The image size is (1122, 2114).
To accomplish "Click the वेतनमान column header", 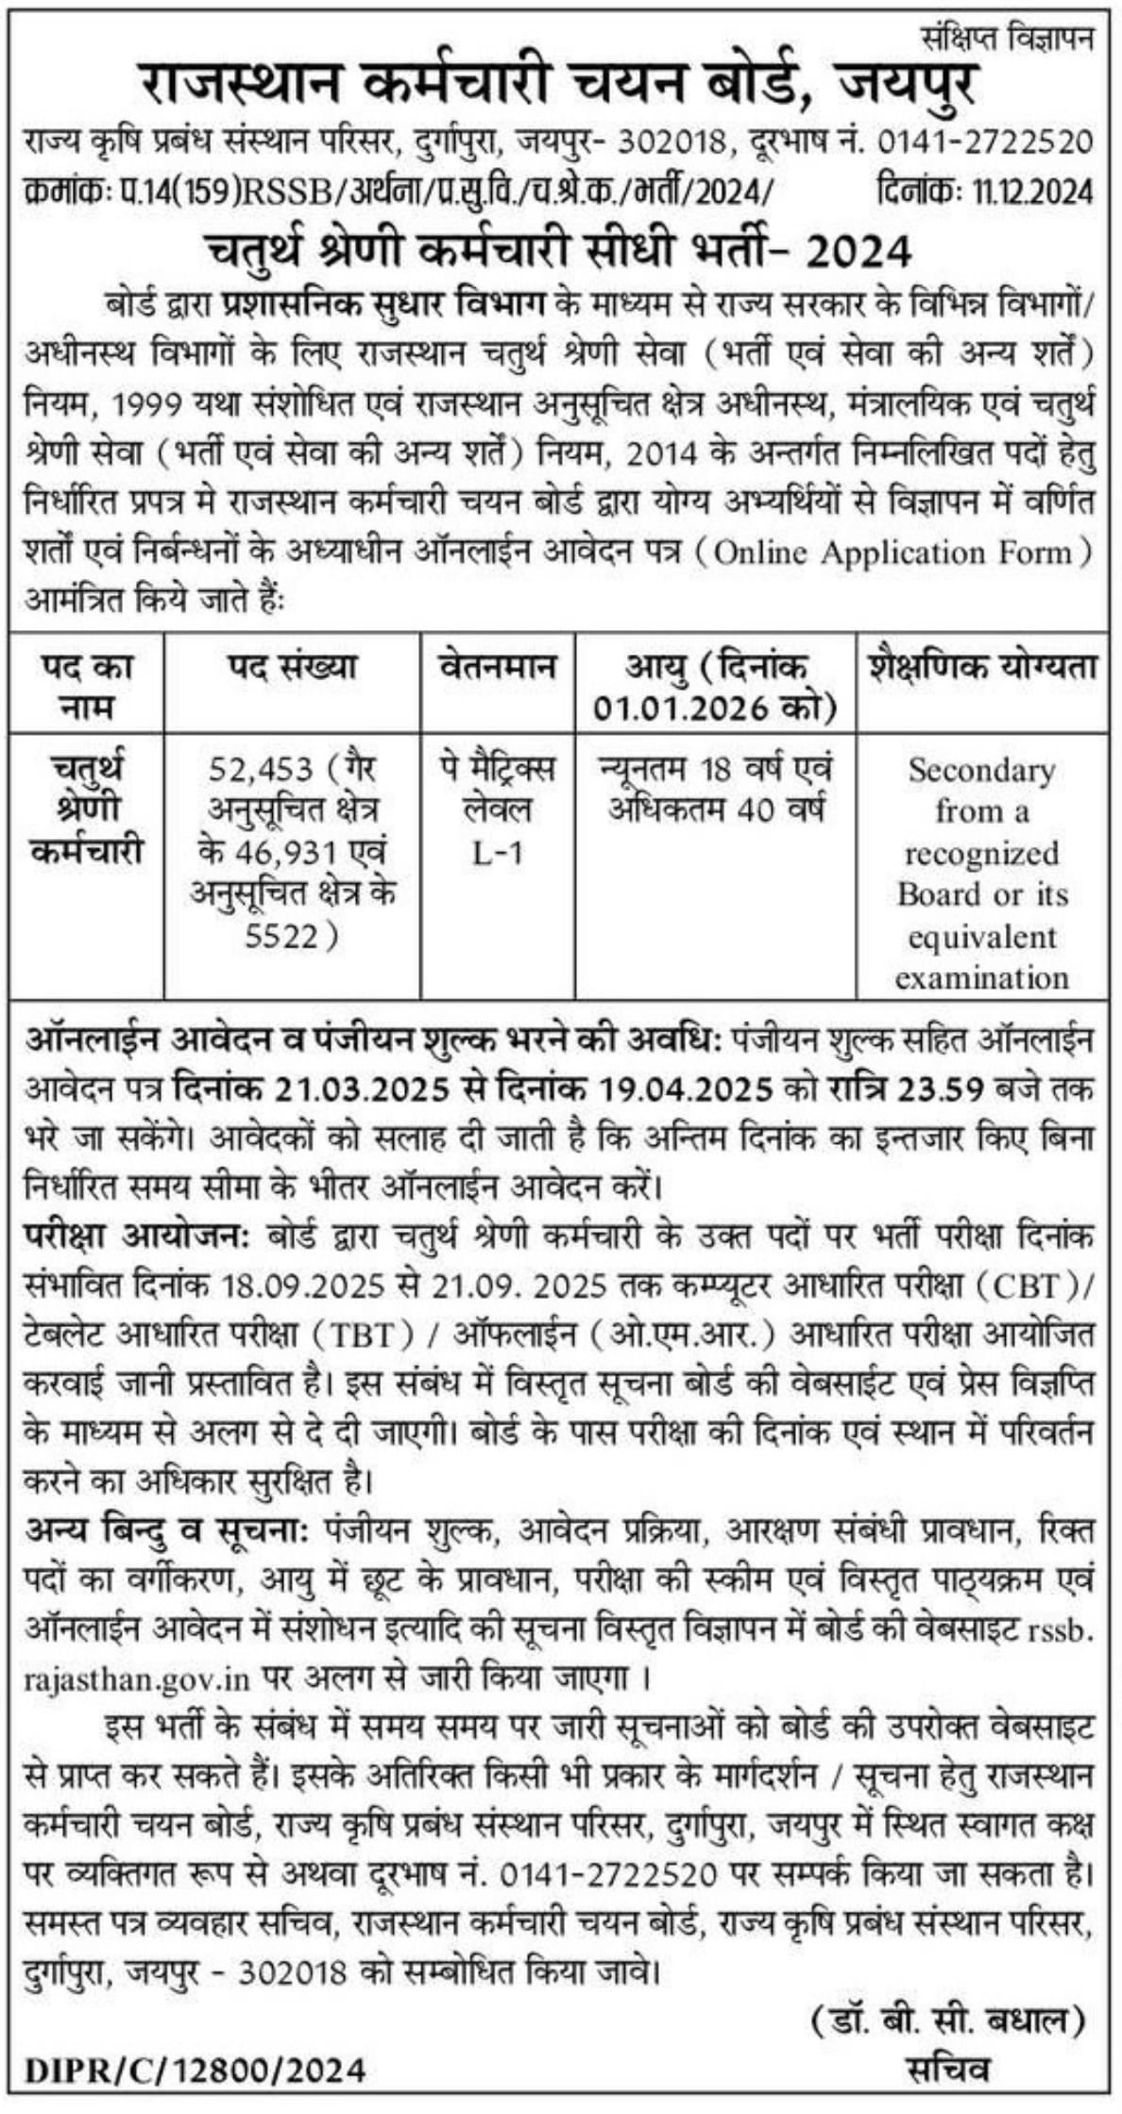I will tap(497, 668).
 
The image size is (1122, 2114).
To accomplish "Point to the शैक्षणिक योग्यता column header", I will tap(982, 668).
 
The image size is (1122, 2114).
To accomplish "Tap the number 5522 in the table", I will tap(283, 935).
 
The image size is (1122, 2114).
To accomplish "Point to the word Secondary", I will tap(981, 771).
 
